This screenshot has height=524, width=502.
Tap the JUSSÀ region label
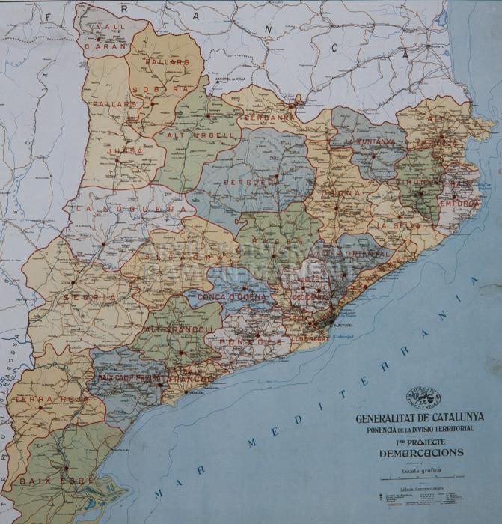click(x=125, y=150)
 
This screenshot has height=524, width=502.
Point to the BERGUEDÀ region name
click(x=249, y=182)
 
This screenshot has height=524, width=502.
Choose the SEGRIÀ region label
click(x=90, y=297)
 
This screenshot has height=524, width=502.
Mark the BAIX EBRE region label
click(x=46, y=479)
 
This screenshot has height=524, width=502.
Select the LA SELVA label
click(x=394, y=225)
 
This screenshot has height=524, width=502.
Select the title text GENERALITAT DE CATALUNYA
click(x=420, y=418)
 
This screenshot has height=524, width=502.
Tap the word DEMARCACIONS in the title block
click(x=420, y=453)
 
